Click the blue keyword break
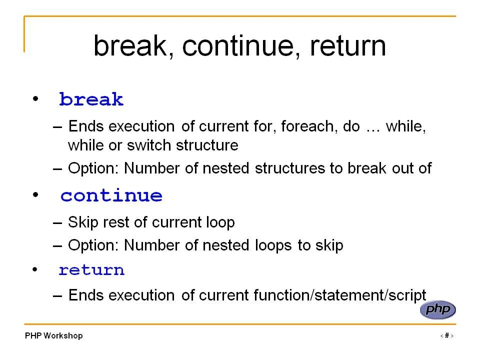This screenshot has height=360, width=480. click(x=91, y=99)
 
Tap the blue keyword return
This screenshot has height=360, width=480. click(x=91, y=270)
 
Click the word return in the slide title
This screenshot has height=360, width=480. click(x=348, y=46)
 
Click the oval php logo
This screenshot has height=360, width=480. click(x=438, y=309)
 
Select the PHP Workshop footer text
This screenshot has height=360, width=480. click(x=54, y=336)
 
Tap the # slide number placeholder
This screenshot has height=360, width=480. click(x=447, y=335)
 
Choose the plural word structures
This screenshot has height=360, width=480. click(x=290, y=168)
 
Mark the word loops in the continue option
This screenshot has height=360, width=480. click(x=273, y=245)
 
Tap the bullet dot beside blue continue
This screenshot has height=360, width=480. click(x=35, y=194)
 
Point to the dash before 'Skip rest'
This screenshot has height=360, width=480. click(x=57, y=223)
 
